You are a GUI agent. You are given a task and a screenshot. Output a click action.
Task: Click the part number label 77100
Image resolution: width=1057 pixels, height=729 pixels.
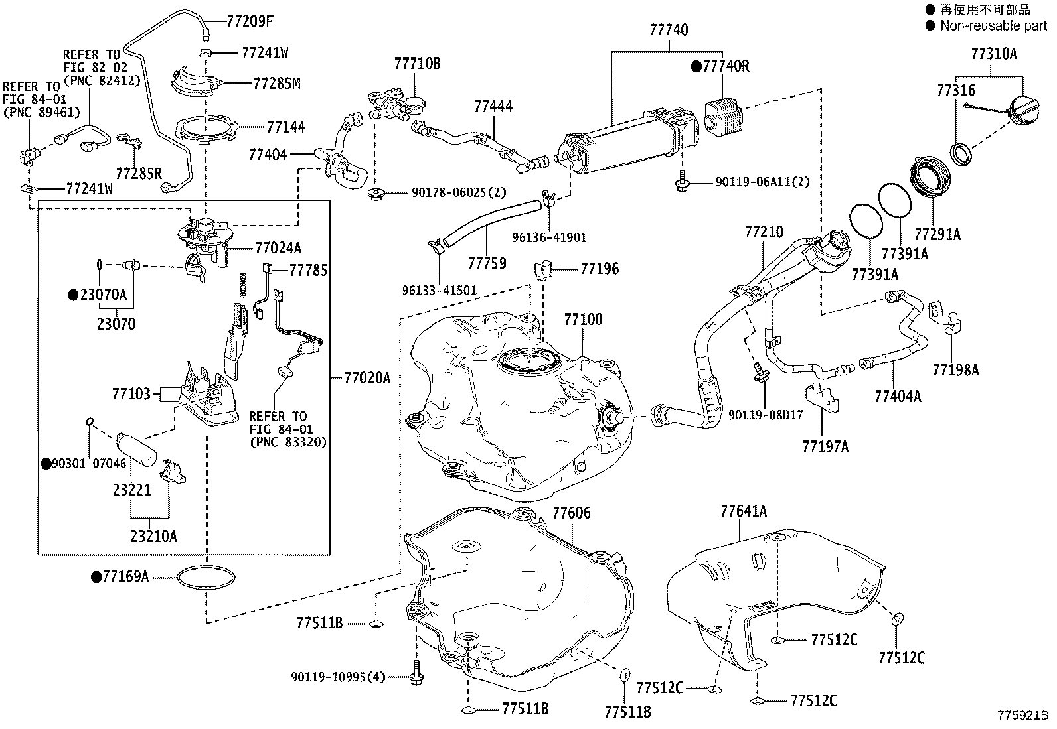[x=583, y=320]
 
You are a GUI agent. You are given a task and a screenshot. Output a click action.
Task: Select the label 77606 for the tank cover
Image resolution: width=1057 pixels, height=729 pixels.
[x=571, y=513]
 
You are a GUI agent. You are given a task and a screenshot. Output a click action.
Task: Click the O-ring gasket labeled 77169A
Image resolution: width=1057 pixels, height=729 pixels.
[x=206, y=578]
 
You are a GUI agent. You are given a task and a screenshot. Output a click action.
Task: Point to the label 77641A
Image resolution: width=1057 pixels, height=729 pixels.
[x=744, y=511]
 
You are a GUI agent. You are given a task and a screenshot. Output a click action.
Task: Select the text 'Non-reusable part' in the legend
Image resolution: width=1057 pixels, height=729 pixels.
[x=993, y=26]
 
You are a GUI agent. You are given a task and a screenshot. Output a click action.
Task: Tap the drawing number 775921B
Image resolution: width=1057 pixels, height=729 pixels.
[x=1022, y=716]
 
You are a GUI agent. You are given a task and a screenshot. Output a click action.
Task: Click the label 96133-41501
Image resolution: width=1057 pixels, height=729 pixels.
[x=440, y=291]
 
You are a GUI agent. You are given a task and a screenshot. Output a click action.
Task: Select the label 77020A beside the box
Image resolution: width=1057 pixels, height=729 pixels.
[x=367, y=378]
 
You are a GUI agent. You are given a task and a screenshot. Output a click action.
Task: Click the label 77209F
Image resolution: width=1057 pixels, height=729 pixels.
[x=250, y=21]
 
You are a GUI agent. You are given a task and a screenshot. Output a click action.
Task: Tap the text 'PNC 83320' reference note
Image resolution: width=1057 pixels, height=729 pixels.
[x=288, y=442]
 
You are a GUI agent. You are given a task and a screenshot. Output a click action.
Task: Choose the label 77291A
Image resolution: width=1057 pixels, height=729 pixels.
[x=937, y=234]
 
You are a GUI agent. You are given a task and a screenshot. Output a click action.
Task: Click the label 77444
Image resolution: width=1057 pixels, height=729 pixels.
[x=493, y=106]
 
